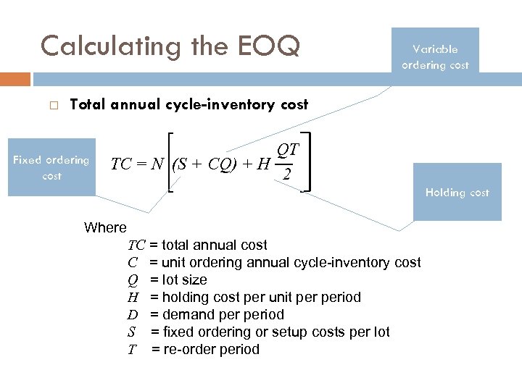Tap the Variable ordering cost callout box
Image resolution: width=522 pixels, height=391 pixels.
click(435, 57)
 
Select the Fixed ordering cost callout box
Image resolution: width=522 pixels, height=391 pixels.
click(51, 167)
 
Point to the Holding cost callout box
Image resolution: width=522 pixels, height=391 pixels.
click(457, 192)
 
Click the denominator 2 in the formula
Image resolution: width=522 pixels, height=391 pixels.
click(287, 176)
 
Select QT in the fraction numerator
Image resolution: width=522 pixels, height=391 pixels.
click(287, 150)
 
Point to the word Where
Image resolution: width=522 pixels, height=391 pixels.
click(105, 227)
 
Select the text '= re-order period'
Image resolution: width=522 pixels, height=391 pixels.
click(205, 349)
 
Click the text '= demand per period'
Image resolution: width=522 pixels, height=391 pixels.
click(217, 314)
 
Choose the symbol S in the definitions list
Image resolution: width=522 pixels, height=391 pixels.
click(132, 332)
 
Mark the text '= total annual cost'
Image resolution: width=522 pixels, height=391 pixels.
click(208, 245)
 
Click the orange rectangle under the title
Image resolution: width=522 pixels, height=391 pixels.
click(15, 79)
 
